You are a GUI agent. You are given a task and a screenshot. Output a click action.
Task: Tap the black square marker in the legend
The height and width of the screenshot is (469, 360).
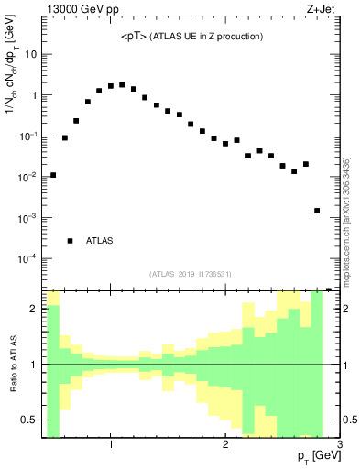coord(71,241)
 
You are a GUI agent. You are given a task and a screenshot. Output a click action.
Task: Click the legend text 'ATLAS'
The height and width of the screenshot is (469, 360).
coord(100,241)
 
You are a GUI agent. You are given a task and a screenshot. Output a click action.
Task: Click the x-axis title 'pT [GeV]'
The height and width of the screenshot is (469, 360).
coord(316,455)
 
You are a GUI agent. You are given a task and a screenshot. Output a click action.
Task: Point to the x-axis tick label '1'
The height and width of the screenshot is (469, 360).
coord(111,444)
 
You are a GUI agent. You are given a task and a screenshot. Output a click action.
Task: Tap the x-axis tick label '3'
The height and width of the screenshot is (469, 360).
coord(340,444)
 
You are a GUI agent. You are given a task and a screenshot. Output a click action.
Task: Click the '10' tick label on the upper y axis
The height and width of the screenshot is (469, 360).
coord(30,54)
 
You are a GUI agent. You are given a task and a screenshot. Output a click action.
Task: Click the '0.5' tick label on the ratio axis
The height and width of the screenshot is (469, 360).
coord(27,420)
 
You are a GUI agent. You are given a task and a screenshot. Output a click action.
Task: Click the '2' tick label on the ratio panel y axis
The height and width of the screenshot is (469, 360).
coord(33,309)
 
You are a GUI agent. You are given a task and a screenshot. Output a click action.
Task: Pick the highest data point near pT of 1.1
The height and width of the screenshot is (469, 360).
coord(122,84)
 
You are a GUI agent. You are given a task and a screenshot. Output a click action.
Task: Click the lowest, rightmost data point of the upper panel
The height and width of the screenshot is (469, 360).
coord(317,211)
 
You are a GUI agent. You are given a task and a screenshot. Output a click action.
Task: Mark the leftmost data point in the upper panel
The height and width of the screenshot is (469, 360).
coord(53,175)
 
